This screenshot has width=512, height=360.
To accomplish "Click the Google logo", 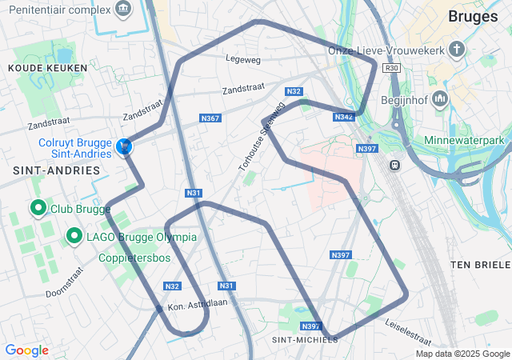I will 26,350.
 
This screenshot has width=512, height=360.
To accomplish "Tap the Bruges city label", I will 473,16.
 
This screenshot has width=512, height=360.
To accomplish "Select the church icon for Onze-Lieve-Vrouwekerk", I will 457,50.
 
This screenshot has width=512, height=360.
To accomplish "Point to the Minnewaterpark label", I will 468,141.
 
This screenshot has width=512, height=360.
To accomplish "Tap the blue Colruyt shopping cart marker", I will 124,146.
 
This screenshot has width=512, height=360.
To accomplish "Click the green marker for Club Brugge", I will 38,209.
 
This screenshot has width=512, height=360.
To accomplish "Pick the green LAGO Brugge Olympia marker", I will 74,236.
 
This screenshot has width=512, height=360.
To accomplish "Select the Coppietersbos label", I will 135,258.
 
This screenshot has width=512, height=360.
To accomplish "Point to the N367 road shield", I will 210,118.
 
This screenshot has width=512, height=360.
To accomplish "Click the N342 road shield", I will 344,117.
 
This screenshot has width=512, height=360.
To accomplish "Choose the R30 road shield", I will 391,69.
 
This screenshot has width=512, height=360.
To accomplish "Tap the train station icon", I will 394,165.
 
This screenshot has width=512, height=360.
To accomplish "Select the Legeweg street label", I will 243,58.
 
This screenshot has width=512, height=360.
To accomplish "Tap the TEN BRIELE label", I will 480,265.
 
